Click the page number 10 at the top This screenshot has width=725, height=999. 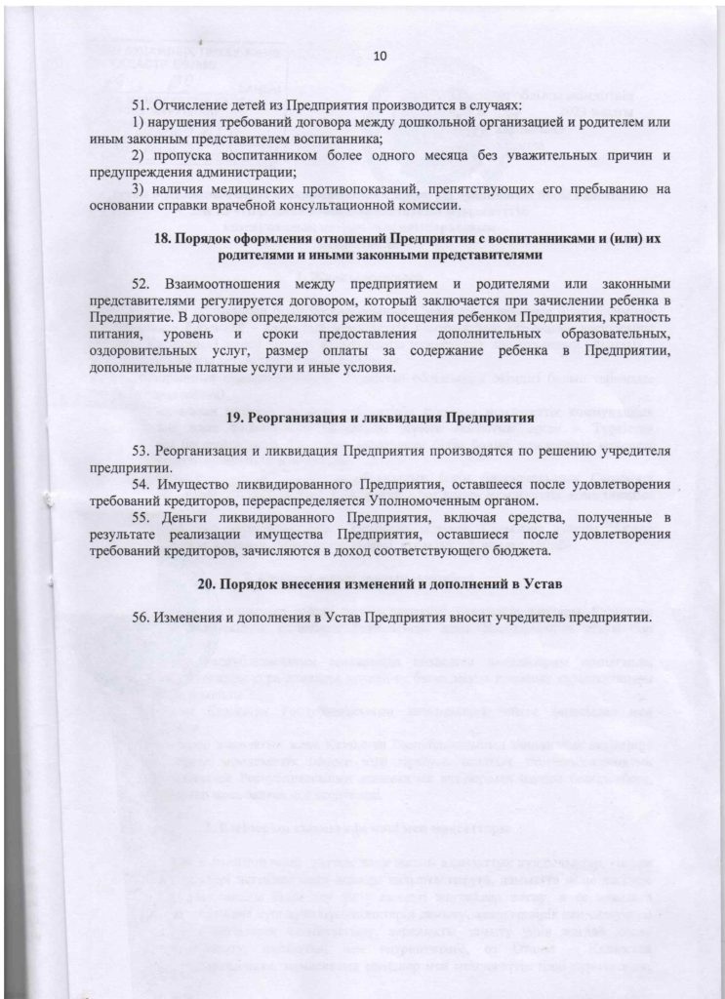(381, 58)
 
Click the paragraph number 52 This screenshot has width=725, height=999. (140, 283)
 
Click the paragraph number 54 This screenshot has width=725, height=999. (140, 484)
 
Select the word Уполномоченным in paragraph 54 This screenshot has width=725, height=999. (378, 500)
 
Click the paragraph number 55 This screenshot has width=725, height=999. (140, 517)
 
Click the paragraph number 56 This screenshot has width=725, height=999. (140, 619)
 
